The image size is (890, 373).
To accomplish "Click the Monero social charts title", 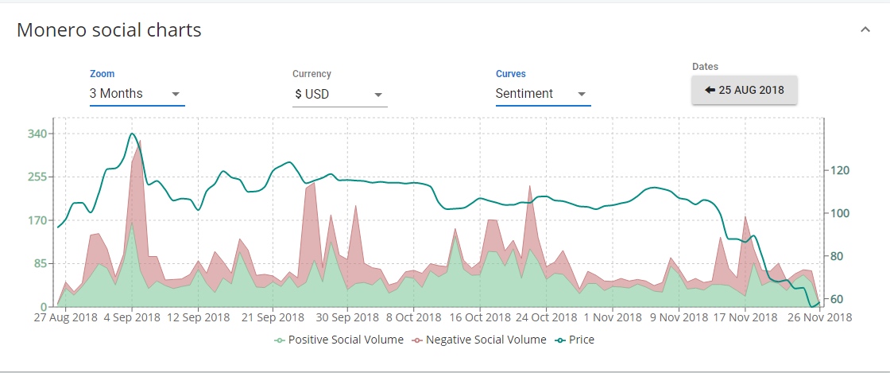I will [x=109, y=30].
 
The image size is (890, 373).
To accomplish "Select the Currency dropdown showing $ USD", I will [x=339, y=94].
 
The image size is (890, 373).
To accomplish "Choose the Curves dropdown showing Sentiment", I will [x=543, y=94].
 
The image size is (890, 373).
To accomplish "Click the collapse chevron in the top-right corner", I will [x=865, y=29].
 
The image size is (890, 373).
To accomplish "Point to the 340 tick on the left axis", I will [x=37, y=134].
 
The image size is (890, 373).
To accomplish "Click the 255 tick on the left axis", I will [x=37, y=177].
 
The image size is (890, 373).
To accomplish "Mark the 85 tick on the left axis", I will [x=40, y=263].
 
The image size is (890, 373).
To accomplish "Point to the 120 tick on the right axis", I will [x=839, y=170].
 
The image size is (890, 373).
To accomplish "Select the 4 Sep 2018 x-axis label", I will [x=132, y=317].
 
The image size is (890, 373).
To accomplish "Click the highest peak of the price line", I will [x=132, y=134].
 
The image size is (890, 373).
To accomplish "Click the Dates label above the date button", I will [x=705, y=67].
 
